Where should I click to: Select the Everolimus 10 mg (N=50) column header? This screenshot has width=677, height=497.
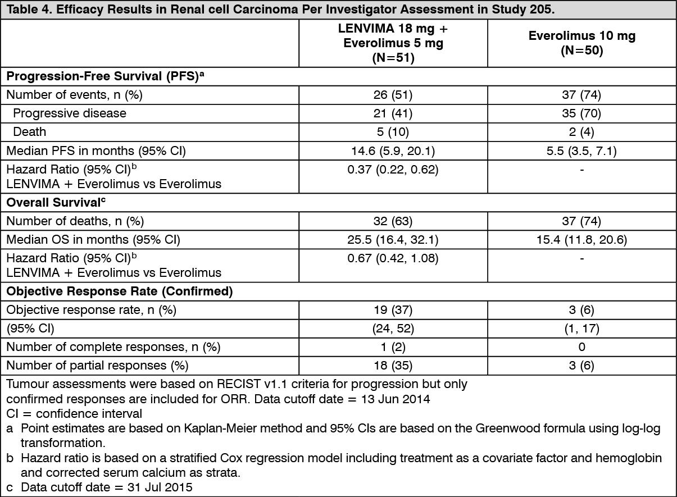(x=581, y=43)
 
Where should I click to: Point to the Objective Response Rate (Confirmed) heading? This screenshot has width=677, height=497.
(x=119, y=291)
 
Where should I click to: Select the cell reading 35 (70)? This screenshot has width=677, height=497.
(x=581, y=113)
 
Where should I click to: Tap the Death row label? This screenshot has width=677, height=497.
(x=30, y=131)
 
